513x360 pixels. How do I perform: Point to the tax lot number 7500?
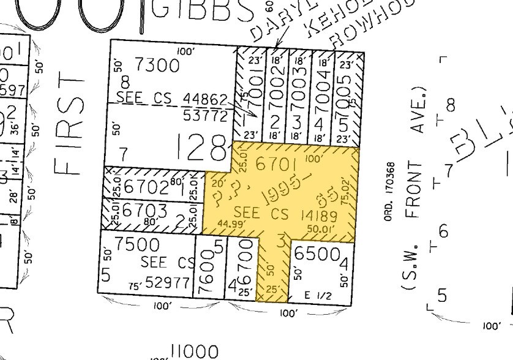click(x=135, y=245)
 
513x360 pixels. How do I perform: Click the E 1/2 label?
click(x=319, y=295)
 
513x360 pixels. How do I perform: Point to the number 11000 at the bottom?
click(x=194, y=352)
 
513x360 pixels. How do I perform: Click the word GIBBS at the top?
click(x=200, y=11)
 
